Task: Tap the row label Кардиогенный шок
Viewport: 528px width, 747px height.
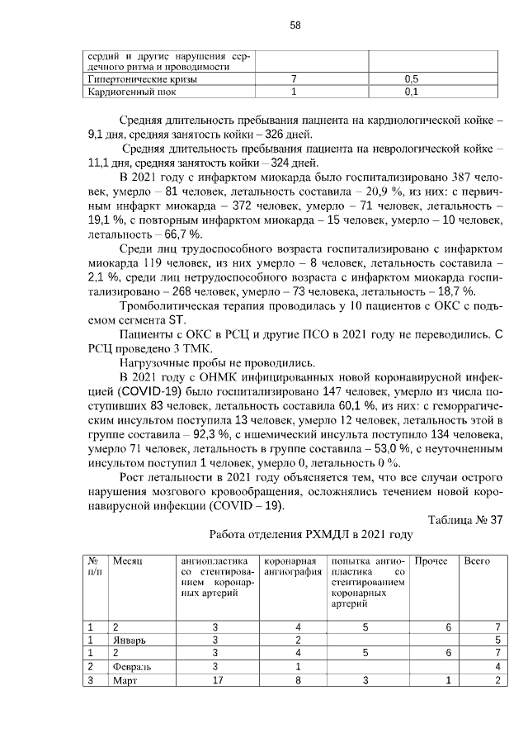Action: (x=131, y=92)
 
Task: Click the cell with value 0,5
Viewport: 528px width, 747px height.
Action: (x=412, y=78)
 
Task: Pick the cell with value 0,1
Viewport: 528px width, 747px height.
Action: (x=412, y=92)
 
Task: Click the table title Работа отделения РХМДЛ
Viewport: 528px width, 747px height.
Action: (x=311, y=535)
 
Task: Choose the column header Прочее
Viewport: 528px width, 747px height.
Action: (x=430, y=561)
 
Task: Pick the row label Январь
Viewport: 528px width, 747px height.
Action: (x=128, y=640)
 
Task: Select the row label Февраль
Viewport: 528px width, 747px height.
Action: (x=131, y=666)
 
